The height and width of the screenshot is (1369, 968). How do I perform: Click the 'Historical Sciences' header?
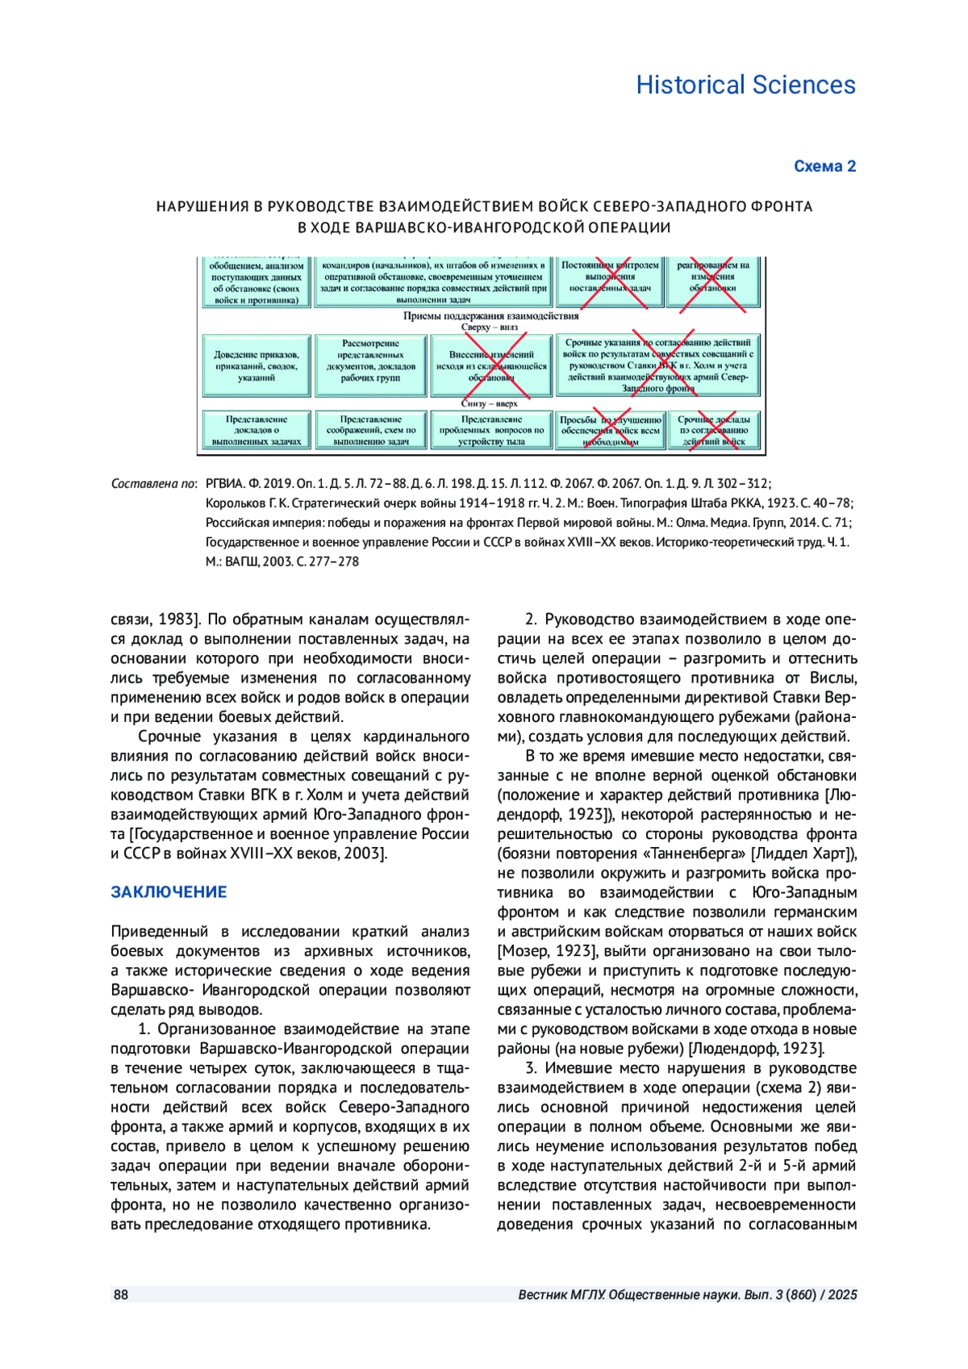coord(745,85)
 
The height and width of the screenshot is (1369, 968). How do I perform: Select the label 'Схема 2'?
coord(824,166)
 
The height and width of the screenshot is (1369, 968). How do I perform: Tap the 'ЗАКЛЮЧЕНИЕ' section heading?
coord(169,892)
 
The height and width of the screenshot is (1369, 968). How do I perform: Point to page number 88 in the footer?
coord(121,1295)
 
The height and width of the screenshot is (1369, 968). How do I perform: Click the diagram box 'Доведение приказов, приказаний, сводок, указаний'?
coord(257,366)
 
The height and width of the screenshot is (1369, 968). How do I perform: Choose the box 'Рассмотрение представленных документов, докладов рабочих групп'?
coord(370,366)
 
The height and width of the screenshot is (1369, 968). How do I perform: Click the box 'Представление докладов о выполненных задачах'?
coord(257,431)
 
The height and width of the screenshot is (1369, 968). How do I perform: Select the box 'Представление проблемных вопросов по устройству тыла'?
coord(491,431)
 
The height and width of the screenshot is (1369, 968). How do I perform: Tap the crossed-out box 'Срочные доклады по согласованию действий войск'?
coord(713,431)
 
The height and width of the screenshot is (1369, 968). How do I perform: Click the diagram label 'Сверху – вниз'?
coord(490,328)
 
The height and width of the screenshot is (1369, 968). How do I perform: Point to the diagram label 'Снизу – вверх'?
coord(490,403)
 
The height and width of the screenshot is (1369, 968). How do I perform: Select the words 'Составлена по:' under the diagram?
coord(154,484)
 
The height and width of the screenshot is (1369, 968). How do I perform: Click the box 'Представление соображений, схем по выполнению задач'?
coord(370,431)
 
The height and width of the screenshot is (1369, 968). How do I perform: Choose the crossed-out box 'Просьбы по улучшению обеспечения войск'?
coord(610,431)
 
